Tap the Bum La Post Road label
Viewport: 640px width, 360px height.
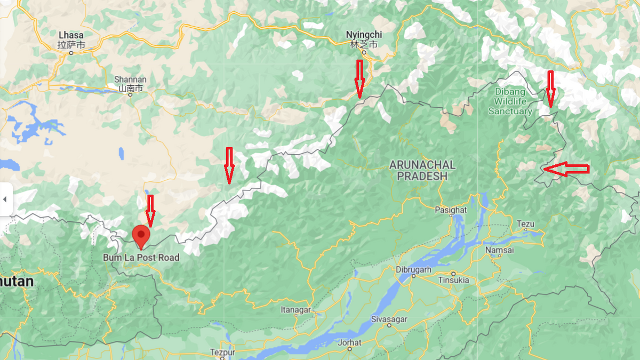coord(141,258)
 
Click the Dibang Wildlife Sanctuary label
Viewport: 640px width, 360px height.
coord(510,101)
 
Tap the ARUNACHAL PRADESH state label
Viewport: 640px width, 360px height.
coord(422,170)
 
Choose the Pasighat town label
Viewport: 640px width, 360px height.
coord(451,210)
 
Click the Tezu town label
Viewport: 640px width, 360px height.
coord(525,223)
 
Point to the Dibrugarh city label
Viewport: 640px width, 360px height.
coord(413,269)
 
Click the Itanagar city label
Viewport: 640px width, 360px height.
coord(295,310)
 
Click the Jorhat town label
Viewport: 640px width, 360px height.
coord(349,342)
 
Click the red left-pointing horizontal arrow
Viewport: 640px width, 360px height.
coord(566,169)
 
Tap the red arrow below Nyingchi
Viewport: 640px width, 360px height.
coord(359,78)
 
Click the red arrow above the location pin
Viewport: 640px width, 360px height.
coord(150,210)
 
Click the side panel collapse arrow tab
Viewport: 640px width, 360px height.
coord(5,199)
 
